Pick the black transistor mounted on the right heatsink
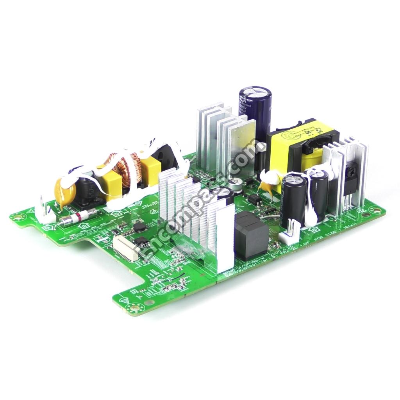coord(350,184)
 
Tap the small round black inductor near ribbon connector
coord(139,228)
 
